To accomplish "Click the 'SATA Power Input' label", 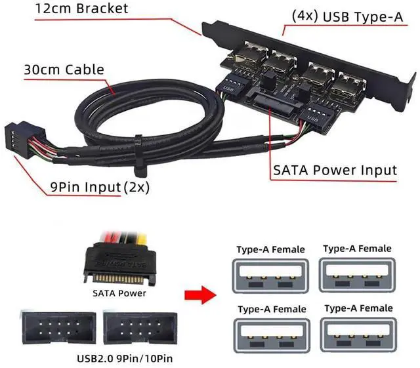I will pyautogui.click(x=334, y=171).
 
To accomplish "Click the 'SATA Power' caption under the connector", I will pyautogui.click(x=119, y=293).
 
